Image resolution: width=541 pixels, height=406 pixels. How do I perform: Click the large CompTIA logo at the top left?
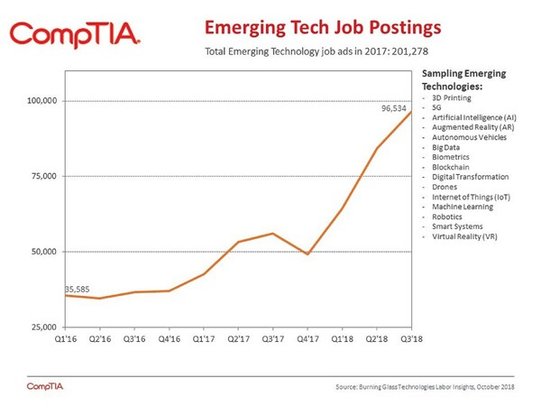(x=74, y=33)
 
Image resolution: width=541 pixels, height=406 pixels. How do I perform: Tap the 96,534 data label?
(x=397, y=107)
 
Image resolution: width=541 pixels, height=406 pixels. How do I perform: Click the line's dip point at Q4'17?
(x=307, y=254)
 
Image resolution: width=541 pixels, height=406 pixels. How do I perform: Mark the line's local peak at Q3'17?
(x=273, y=233)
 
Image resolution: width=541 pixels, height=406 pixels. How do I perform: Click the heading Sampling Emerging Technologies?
(x=460, y=78)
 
